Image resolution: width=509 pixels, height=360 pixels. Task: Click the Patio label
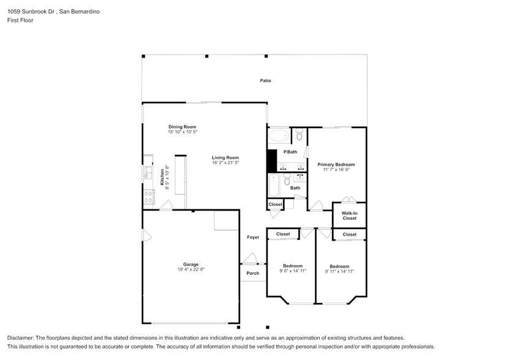click(265, 81)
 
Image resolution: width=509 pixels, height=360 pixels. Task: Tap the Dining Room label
click(182, 127)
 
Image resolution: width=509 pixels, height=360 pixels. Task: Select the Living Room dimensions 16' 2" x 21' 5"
click(225, 163)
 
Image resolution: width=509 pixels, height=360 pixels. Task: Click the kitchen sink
click(148, 176)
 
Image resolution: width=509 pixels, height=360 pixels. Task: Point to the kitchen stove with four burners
click(148, 196)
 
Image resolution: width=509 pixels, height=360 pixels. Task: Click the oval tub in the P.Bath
click(279, 135)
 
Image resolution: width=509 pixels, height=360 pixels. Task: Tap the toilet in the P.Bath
click(299, 134)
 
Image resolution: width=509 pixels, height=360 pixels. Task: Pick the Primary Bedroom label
click(336, 165)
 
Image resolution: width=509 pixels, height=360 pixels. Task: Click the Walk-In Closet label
click(349, 216)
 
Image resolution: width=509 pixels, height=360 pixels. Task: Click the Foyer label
click(253, 237)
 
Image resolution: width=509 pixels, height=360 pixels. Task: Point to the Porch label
click(252, 273)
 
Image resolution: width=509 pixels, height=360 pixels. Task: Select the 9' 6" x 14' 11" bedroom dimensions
click(293, 271)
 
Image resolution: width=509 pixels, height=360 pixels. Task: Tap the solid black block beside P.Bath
click(271, 160)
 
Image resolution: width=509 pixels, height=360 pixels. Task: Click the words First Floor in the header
click(20, 20)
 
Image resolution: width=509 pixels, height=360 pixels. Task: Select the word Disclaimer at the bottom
click(21, 338)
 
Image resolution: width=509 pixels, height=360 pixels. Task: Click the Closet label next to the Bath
click(276, 204)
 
